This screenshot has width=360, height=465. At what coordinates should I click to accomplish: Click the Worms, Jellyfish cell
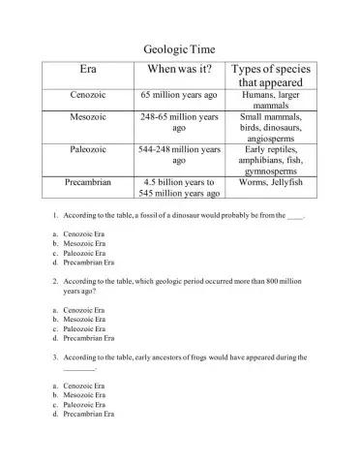pyautogui.click(x=271, y=182)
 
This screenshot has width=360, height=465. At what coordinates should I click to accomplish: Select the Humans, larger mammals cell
pyautogui.click(x=271, y=102)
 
